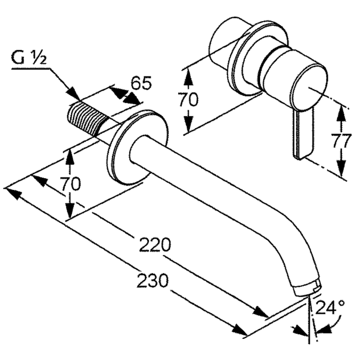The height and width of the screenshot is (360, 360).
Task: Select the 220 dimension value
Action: [x=155, y=245]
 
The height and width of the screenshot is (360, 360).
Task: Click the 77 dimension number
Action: [x=341, y=141]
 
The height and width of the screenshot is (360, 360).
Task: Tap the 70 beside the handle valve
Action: [x=188, y=99]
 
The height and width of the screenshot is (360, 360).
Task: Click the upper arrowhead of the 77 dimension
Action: [x=341, y=114]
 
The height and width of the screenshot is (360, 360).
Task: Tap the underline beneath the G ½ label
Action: [x=31, y=68]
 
